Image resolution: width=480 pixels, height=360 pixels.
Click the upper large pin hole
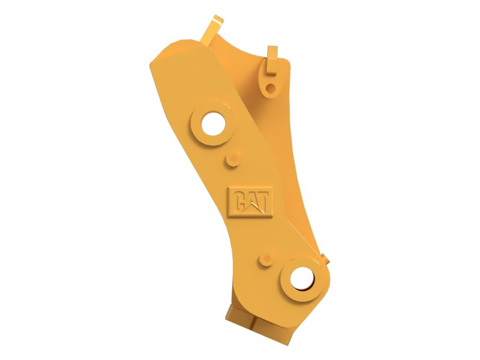(214, 124)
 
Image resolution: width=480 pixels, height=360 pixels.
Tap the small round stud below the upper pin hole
(232, 159)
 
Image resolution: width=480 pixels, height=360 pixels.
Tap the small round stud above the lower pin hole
(266, 259)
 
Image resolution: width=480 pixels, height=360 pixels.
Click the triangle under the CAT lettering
(255, 207)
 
